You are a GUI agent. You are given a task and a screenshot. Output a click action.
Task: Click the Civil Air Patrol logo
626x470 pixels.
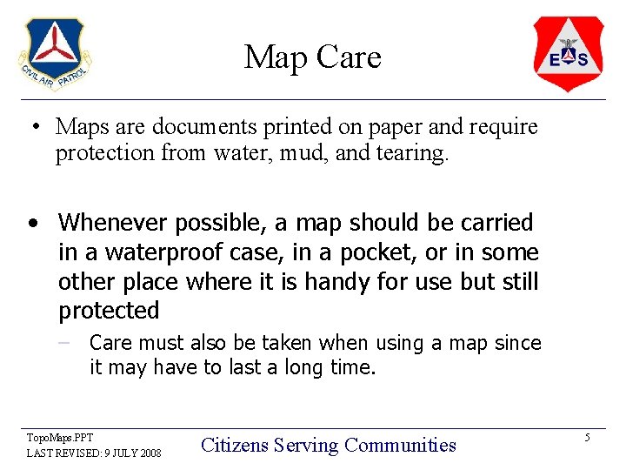pos(55,54)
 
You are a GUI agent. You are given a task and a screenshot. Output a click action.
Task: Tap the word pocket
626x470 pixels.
pos(369,252)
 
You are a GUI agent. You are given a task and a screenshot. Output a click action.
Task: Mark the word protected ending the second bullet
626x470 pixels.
pos(109,311)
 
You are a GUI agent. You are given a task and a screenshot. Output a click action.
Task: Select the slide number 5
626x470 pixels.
pos(587,438)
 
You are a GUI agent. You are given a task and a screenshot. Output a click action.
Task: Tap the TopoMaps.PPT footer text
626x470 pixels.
pos(60,437)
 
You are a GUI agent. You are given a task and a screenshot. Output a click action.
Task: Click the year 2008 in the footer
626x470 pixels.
pos(149,453)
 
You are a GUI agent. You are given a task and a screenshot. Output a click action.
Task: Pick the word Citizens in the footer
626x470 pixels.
pos(235,446)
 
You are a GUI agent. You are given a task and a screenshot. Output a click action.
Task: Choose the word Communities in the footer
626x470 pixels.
pos(400,446)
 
